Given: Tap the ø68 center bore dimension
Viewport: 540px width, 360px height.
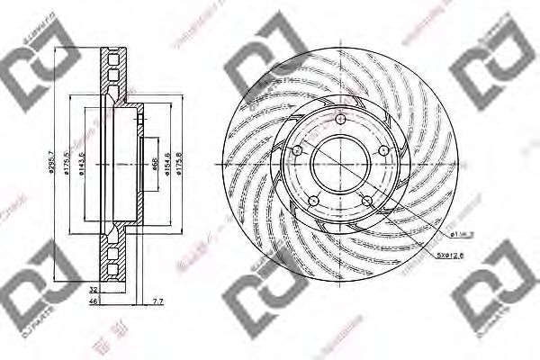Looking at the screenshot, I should [x=154, y=163].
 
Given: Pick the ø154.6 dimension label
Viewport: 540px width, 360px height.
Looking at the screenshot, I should [x=169, y=163].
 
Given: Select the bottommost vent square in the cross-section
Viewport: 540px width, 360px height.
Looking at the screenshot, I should [x=113, y=269].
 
